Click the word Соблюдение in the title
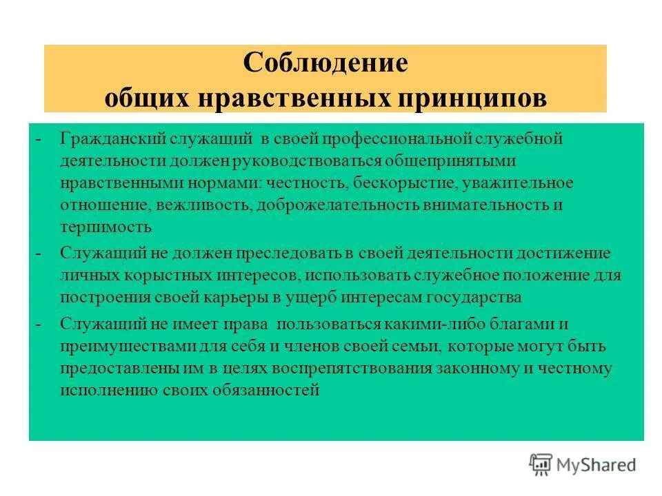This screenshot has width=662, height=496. pyautogui.click(x=325, y=64)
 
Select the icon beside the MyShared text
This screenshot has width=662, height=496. pyautogui.click(x=542, y=465)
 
